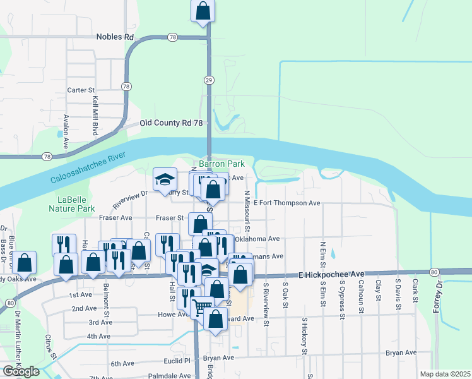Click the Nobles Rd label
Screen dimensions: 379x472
click(x=115, y=37)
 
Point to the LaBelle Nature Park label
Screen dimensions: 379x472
click(x=72, y=203)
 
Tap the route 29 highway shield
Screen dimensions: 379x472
click(x=208, y=80)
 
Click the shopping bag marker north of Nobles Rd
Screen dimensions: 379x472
click(x=203, y=11)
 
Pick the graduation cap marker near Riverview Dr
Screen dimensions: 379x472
click(x=165, y=180)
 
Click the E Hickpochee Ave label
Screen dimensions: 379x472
click(x=331, y=274)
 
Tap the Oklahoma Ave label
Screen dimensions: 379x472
click(x=257, y=239)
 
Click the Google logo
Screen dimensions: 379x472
click(x=21, y=371)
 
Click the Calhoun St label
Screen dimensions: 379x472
click(x=361, y=297)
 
